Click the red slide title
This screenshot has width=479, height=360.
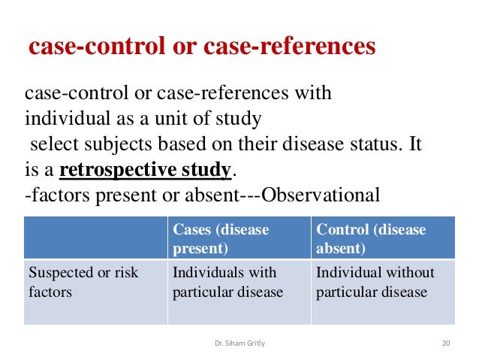201,47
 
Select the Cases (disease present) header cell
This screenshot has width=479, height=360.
239,237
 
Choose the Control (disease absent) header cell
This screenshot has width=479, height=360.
382,237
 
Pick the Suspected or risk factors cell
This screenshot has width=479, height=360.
95,282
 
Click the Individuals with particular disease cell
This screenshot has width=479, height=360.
239,282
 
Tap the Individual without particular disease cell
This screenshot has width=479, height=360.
382,282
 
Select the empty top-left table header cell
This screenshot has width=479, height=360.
95,237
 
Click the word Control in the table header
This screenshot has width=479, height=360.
342,229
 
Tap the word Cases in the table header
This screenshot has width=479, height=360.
193,229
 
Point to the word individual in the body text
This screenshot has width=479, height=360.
61,119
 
